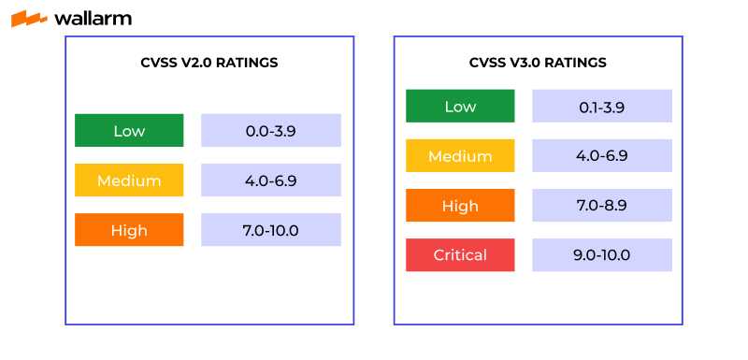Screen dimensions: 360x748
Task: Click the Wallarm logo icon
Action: click(x=29, y=19)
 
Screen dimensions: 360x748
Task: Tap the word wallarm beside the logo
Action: click(x=93, y=18)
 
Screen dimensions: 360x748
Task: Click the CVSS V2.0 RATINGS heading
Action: click(x=209, y=63)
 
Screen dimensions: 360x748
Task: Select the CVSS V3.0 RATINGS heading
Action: click(x=538, y=63)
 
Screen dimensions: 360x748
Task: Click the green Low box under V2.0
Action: click(x=129, y=131)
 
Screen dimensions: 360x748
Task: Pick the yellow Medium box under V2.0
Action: click(x=129, y=180)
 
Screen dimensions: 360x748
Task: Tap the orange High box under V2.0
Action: click(x=129, y=230)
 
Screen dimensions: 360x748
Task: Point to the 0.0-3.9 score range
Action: click(x=271, y=131)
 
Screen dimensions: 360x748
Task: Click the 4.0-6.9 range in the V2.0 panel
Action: click(x=271, y=180)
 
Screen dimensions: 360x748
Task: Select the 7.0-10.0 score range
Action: click(x=271, y=230)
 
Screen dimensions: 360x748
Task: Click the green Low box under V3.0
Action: click(x=460, y=107)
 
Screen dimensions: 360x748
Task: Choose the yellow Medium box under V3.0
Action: click(x=460, y=156)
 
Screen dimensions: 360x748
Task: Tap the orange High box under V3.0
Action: click(x=460, y=206)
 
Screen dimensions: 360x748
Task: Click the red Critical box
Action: click(x=460, y=255)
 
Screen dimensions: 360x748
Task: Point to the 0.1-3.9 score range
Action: click(x=602, y=107)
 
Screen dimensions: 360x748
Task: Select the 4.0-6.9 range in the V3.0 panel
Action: click(x=602, y=156)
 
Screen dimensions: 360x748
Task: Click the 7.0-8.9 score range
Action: click(x=602, y=206)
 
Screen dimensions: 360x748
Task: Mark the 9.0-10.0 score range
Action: click(x=602, y=255)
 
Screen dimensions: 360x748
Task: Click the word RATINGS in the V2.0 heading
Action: click(x=247, y=63)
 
